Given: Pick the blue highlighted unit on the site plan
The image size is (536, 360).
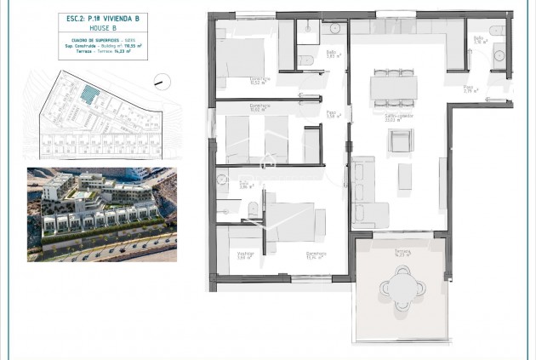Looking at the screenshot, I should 88,94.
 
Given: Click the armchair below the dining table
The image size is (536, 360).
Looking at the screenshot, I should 401,140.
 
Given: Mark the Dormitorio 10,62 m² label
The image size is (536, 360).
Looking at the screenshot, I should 260,107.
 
